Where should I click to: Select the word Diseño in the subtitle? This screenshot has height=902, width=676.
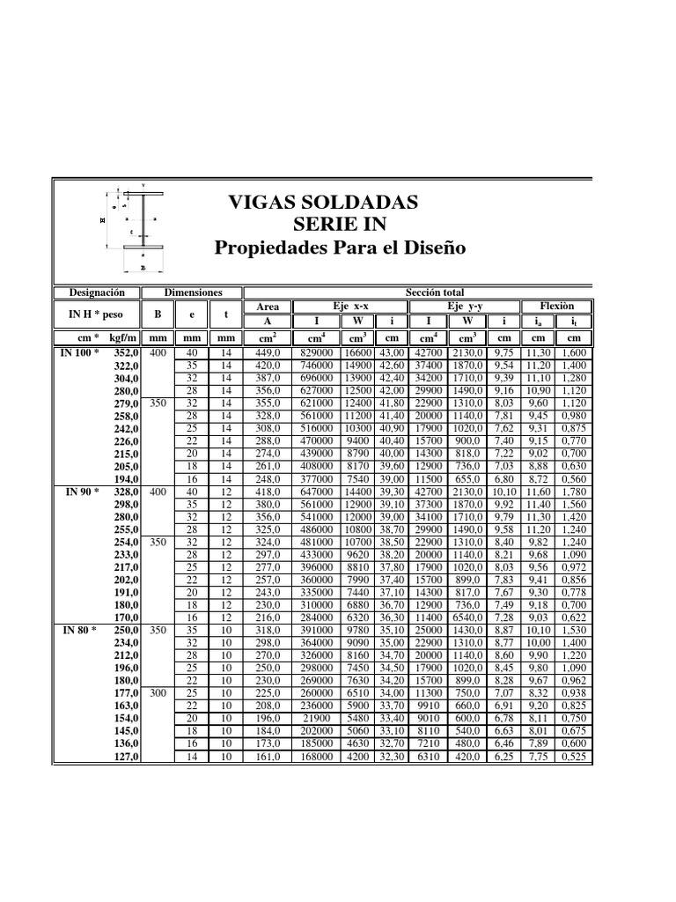430,248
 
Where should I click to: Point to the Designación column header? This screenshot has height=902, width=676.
97,292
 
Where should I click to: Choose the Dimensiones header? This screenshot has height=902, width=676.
194,292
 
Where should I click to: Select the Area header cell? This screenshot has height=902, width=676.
268,307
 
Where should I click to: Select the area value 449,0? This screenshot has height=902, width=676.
268,353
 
